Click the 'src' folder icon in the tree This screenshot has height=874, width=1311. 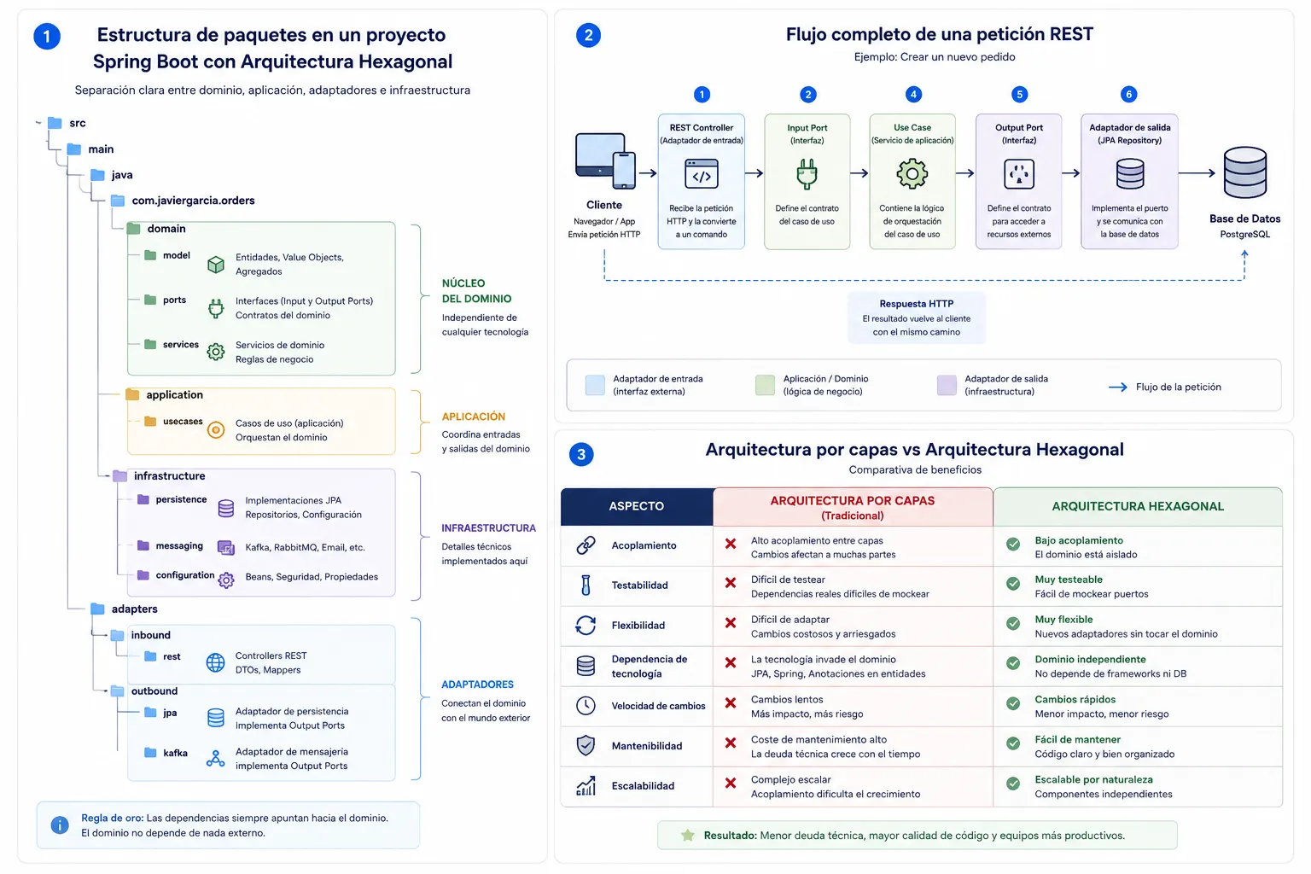pyautogui.click(x=55, y=123)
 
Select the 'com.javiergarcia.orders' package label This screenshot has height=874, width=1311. pyautogui.click(x=193, y=201)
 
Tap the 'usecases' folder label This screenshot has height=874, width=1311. pyautogui.click(x=183, y=421)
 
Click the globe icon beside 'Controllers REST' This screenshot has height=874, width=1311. pyautogui.click(x=215, y=662)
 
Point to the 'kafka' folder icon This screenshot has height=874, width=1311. pyautogui.click(x=150, y=752)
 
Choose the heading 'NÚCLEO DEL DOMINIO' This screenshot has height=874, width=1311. pyautogui.click(x=476, y=291)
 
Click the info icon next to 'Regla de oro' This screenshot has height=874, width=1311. pyautogui.click(x=59, y=824)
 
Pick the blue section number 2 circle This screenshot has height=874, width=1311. pyautogui.click(x=588, y=35)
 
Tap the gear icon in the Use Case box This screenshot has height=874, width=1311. pyautogui.click(x=912, y=173)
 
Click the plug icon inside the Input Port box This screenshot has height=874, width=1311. pyautogui.click(x=807, y=174)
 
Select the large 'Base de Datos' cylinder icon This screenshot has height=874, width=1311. pyautogui.click(x=1245, y=172)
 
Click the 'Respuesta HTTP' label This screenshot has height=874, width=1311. pyautogui.click(x=916, y=303)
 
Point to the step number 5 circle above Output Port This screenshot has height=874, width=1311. pyautogui.click(x=1019, y=94)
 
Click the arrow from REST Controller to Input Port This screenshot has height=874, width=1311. pyautogui.click(x=755, y=173)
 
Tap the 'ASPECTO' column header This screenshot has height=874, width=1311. pyautogui.click(x=636, y=506)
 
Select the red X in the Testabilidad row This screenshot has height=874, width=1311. pyautogui.click(x=731, y=583)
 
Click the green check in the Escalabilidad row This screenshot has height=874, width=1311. pyautogui.click(x=1013, y=784)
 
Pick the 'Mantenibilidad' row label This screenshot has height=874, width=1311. pyautogui.click(x=647, y=746)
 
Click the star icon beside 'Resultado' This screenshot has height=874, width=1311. pyautogui.click(x=688, y=836)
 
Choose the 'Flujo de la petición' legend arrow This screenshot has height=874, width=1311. pyautogui.click(x=1118, y=387)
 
